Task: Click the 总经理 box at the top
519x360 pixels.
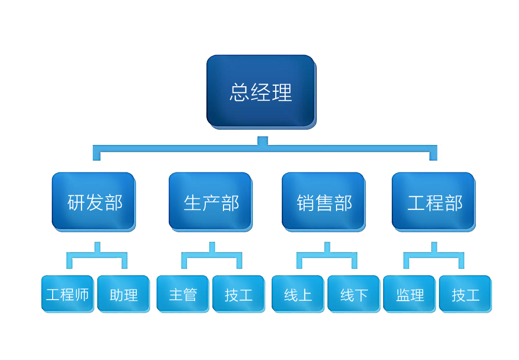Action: (261, 91)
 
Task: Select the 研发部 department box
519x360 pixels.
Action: (94, 202)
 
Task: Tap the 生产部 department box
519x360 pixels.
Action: (210, 202)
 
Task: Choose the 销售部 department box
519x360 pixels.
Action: (323, 202)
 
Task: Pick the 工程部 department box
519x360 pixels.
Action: (434, 202)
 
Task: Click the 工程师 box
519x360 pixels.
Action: (67, 294)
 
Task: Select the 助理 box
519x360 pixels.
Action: (123, 294)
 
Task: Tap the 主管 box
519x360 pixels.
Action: (182, 294)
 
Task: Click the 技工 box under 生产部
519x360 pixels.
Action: (238, 294)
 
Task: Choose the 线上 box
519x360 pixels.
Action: (298, 294)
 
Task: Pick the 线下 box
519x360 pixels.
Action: (353, 294)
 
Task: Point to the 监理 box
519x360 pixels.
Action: (410, 294)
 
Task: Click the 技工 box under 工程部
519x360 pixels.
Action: (465, 294)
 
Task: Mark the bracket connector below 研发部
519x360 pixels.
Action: (97, 256)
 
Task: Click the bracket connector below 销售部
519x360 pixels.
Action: (327, 256)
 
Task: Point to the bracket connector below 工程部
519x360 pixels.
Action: (434, 256)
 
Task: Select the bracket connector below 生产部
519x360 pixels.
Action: (212, 256)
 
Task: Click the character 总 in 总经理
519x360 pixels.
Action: (239, 92)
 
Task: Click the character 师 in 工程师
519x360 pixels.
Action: (82, 295)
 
